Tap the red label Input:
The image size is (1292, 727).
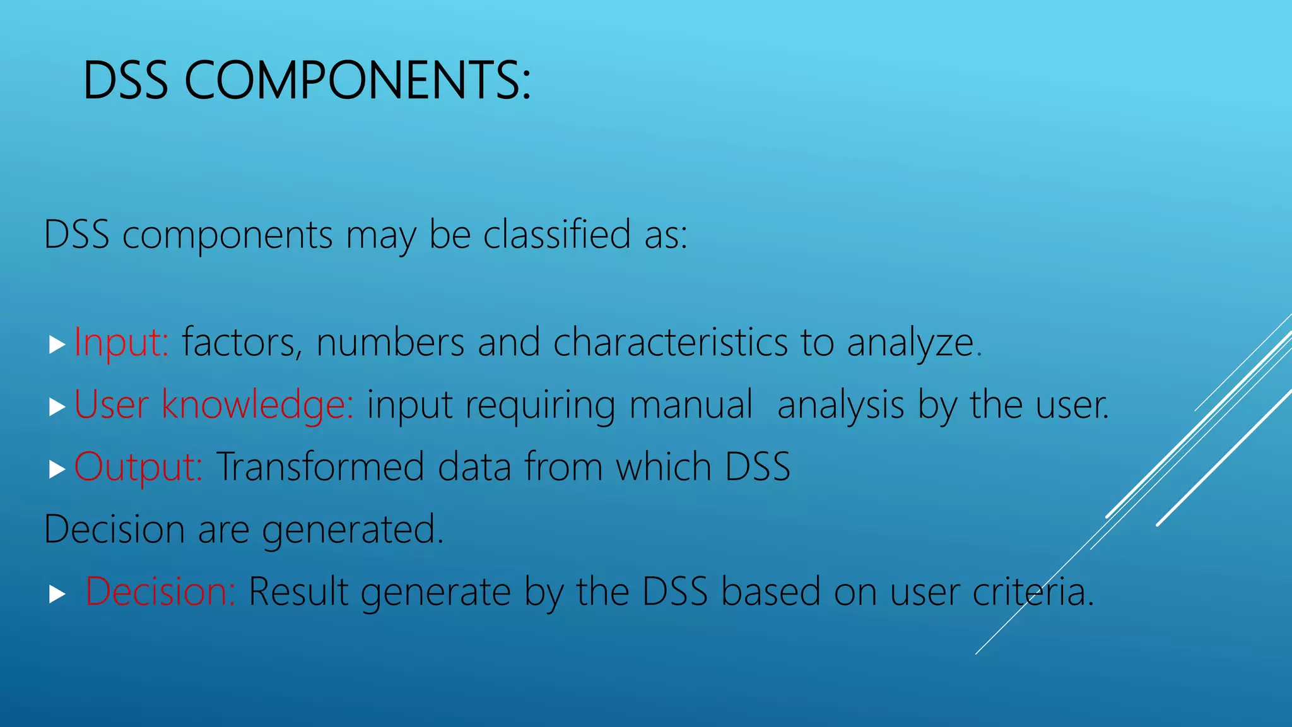click(x=121, y=343)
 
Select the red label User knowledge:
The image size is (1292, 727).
click(x=214, y=405)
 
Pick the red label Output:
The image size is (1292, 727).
click(x=138, y=467)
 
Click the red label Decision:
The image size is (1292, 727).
click(x=160, y=592)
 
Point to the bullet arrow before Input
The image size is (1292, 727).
click(x=57, y=345)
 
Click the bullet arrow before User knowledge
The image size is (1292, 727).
click(x=57, y=407)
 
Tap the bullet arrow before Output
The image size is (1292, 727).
click(x=57, y=469)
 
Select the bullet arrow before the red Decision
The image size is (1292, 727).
click(x=57, y=594)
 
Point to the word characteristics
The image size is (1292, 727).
click(x=670, y=343)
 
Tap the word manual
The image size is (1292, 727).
click(x=691, y=405)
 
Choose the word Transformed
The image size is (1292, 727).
click(x=320, y=467)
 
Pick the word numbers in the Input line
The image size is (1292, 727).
click(x=390, y=343)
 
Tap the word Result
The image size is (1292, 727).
click(x=298, y=592)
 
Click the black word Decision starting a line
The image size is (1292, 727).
click(x=114, y=529)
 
